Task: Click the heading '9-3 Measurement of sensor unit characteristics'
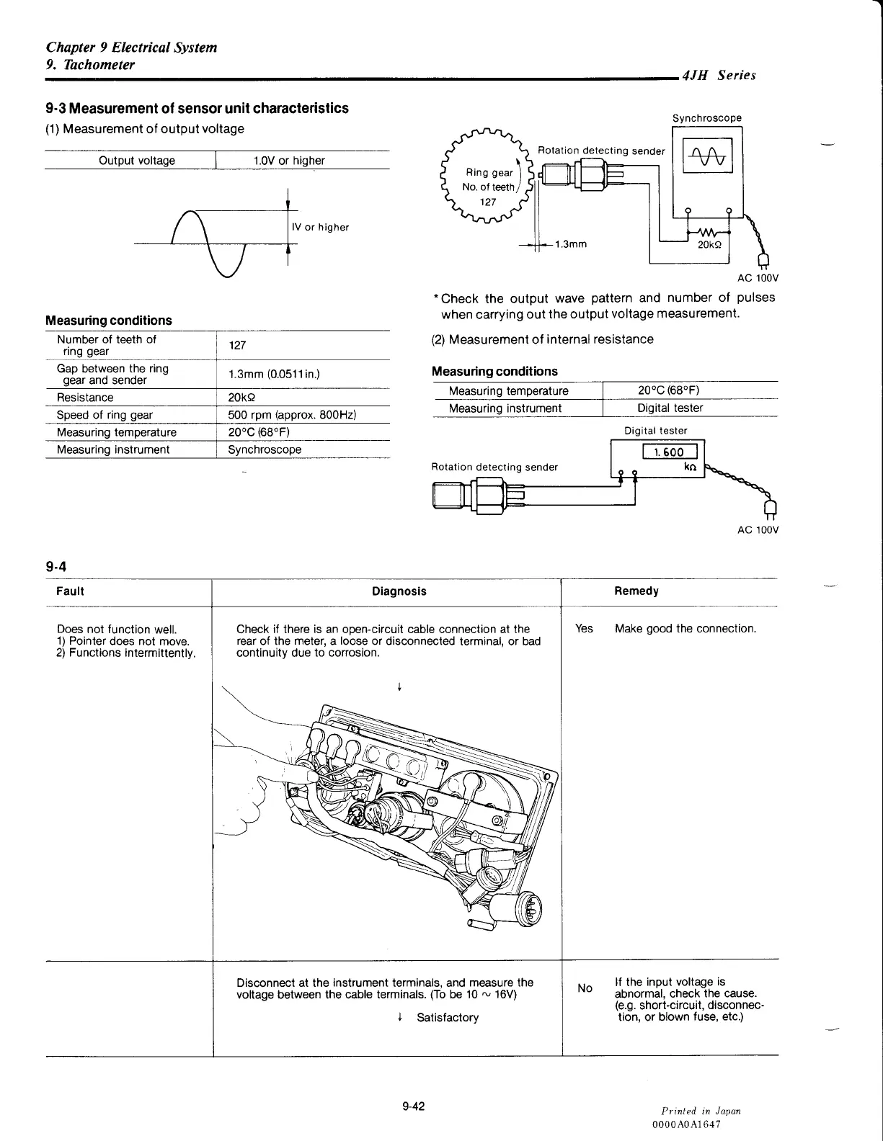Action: tap(197, 109)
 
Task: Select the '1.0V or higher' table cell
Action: tap(288, 161)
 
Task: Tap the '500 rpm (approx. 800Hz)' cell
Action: tap(292, 415)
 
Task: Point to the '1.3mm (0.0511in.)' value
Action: tap(274, 375)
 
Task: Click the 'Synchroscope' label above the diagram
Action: tap(706, 118)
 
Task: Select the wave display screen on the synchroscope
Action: tap(707, 156)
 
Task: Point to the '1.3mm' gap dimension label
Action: tap(571, 244)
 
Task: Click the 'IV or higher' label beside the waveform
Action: tap(320, 228)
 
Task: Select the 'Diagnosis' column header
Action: tap(399, 591)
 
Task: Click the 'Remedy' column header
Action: tap(636, 591)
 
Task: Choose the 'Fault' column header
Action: tap(70, 591)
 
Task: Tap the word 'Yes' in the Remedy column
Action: tap(584, 629)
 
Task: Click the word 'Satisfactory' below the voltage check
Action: tap(447, 1017)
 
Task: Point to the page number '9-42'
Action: tap(414, 1106)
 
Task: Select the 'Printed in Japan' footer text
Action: tap(701, 1111)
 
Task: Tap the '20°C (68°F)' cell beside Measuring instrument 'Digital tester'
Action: tap(668, 390)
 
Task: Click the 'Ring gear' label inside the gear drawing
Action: tap(489, 173)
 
